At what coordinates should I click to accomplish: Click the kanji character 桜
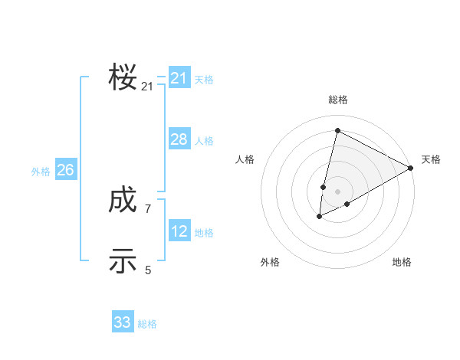123,78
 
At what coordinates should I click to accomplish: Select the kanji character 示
123,261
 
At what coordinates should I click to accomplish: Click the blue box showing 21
179,78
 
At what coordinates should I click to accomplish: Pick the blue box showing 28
179,139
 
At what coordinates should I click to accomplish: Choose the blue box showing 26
65,170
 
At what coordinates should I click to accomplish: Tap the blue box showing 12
179,231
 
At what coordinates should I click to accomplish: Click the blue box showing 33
123,322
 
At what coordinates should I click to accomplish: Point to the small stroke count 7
148,208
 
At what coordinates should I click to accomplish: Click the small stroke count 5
148,270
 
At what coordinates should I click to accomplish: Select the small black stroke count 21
147,87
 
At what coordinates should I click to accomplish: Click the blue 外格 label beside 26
41,172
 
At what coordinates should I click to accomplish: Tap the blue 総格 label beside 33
147,324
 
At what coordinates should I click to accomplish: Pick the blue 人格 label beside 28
204,141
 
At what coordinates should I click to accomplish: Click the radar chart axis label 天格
431,159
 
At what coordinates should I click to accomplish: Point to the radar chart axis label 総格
338,100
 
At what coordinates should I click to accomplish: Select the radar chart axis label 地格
402,262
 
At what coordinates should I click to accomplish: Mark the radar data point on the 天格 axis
412,168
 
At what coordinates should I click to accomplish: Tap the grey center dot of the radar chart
338,191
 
